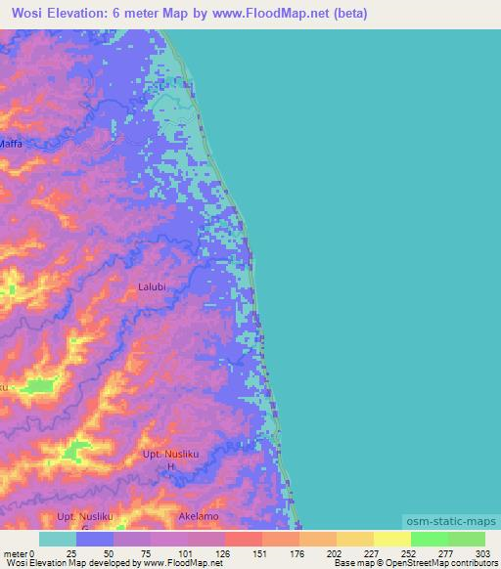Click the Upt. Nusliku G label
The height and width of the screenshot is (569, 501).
(87, 518)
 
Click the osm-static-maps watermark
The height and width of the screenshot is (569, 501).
(451, 520)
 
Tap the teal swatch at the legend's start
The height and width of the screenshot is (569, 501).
(59, 539)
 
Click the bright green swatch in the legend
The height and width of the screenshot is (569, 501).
(430, 539)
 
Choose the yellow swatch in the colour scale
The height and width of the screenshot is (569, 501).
(392, 539)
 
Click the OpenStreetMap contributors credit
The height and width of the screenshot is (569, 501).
(441, 564)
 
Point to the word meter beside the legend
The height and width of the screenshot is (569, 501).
(15, 552)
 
